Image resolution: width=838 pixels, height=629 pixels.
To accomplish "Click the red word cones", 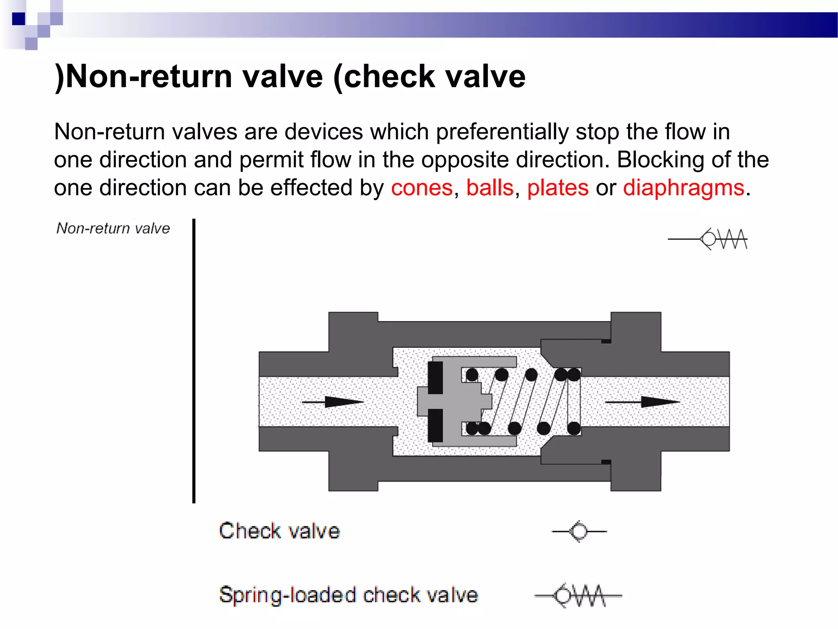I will pos(421,188).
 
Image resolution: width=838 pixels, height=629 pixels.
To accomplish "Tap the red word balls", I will pos(490,188).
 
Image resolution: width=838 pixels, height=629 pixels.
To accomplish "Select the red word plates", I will pos(558,188).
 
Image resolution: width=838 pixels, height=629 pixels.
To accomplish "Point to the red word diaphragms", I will pos(683,188).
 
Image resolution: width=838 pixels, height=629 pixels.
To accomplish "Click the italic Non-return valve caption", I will pos(113,228).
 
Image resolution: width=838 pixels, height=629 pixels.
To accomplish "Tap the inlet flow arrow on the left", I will pos(333,402).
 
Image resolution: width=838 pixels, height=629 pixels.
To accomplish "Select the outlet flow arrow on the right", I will pos(642,402).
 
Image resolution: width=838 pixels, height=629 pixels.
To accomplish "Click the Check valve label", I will pos(279,531).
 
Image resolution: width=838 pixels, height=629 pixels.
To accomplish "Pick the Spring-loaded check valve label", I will pos(349,595).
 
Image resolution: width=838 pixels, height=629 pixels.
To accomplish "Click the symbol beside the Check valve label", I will pos(579,532).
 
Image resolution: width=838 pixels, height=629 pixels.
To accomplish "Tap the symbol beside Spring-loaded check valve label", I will pos(578,595).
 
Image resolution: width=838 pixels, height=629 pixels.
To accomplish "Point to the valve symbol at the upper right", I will pos(708,239).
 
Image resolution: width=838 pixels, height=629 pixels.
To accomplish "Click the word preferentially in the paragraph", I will pos(502,132).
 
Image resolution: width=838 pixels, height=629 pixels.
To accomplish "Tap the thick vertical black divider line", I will pos(194,360).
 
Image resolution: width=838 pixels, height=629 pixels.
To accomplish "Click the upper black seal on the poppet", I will pos(435,378).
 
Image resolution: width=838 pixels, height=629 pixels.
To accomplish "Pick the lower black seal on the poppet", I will pos(435,425).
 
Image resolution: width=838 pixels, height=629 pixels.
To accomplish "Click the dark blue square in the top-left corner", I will pos(19,19).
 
